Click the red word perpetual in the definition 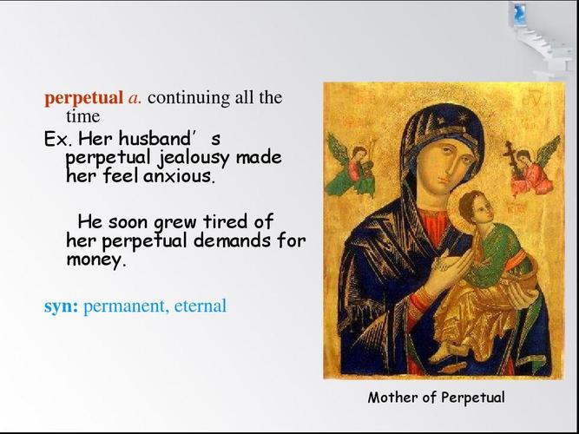pyautogui.click(x=83, y=99)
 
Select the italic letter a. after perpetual pyautogui.click(x=135, y=99)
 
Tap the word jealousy pyautogui.click(x=194, y=159)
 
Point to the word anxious pyautogui.click(x=179, y=176)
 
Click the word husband pyautogui.click(x=155, y=139)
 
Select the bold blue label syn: pyautogui.click(x=61, y=307)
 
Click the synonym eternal pyautogui.click(x=201, y=306)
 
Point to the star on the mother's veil pyautogui.click(x=461, y=118)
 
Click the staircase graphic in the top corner pyautogui.click(x=542, y=38)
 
